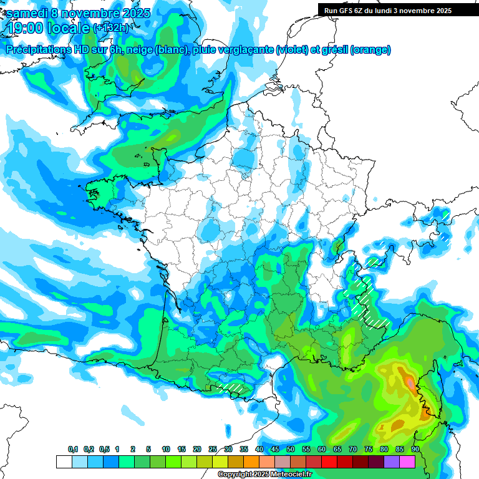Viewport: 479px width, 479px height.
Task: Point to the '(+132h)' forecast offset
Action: click(112, 28)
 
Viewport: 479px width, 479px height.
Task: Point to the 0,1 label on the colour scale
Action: click(73, 450)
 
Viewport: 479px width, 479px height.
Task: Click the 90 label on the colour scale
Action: click(415, 450)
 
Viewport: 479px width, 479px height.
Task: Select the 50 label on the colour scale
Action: click(291, 450)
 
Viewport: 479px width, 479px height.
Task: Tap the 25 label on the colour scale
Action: click(213, 450)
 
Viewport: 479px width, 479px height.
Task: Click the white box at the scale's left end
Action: click(64, 462)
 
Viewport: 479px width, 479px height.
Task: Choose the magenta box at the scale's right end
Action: click(407, 462)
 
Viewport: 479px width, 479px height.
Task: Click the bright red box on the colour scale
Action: click(329, 462)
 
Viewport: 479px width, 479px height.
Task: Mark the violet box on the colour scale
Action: click(392, 462)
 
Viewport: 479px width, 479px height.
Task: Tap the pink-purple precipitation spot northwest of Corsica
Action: click(409, 381)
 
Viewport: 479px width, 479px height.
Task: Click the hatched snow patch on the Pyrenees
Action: click(233, 387)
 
